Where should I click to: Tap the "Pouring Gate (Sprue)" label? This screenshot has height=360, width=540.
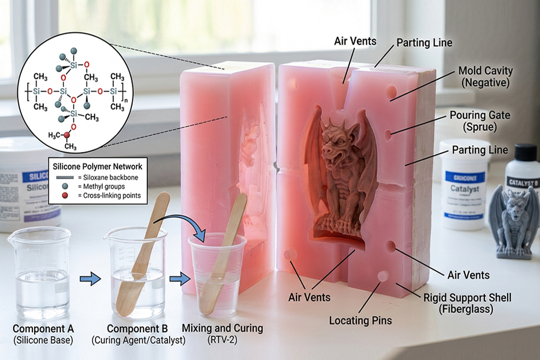click(x=480, y=121)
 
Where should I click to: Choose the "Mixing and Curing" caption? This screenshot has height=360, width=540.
click(x=222, y=328)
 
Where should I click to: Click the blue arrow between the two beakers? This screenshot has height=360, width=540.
click(x=90, y=279)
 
